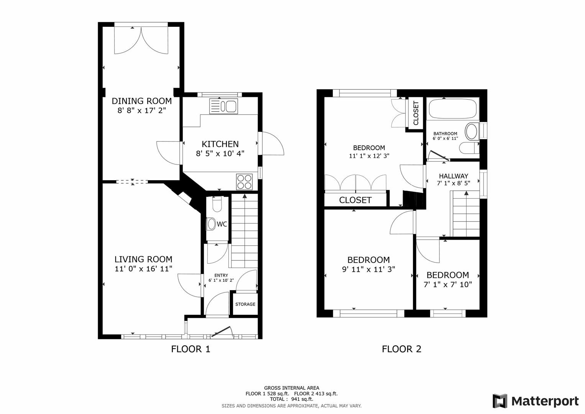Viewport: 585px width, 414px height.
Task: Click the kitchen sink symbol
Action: [223, 107]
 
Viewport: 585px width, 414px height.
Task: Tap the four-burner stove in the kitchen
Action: [244, 182]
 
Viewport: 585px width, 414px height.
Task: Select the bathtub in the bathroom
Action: [452, 108]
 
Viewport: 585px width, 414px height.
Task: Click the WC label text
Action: [222, 224]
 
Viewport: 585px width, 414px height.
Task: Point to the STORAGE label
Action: [245, 304]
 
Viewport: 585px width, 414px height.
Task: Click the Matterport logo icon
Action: [500, 401]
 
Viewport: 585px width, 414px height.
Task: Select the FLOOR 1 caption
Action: [190, 349]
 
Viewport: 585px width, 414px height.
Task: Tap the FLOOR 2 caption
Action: [401, 349]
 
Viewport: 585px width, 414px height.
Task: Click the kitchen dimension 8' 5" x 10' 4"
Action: [220, 153]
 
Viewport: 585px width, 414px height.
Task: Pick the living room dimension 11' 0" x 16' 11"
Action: [143, 269]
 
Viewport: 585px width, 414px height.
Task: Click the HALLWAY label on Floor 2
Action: [453, 176]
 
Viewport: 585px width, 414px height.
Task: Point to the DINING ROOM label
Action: [141, 101]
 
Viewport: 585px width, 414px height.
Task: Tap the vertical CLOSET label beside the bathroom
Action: [416, 113]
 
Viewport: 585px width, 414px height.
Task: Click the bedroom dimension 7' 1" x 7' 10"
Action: [447, 284]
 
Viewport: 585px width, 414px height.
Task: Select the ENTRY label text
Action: [221, 275]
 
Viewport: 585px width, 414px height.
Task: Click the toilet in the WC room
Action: [217, 204]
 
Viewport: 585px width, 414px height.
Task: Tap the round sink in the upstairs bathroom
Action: [471, 131]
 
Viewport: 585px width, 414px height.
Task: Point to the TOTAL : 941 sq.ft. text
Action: [292, 399]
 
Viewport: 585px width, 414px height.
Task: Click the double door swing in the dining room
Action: [141, 41]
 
